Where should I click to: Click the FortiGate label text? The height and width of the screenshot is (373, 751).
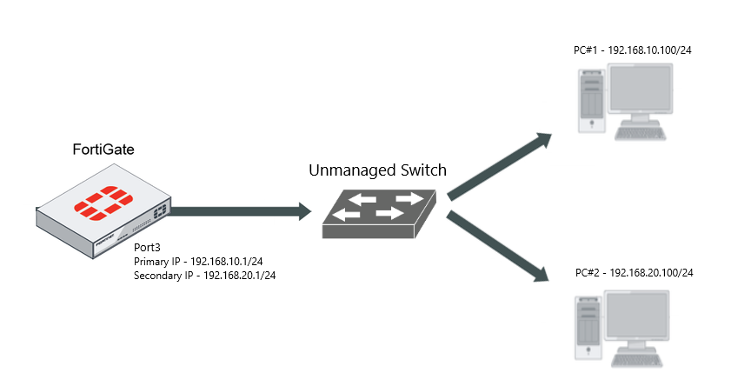click(103, 150)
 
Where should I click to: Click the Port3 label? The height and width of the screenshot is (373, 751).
click(148, 248)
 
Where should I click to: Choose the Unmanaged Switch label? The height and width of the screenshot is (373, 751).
click(377, 170)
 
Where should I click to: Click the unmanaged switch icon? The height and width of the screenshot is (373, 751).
click(378, 213)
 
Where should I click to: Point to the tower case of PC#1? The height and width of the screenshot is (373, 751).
click(592, 100)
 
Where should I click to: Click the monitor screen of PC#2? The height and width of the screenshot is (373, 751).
click(640, 318)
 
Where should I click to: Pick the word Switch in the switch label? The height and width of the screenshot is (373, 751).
click(421, 170)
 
